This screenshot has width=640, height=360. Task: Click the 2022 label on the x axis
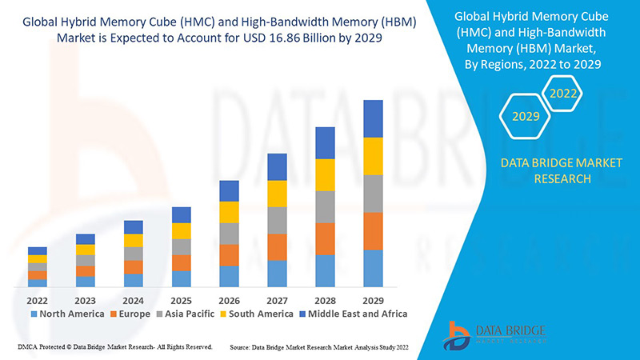click(x=37, y=300)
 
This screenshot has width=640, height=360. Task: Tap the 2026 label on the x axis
click(x=229, y=300)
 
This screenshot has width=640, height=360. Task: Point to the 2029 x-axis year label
click(x=373, y=300)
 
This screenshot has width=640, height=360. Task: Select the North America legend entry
click(x=67, y=314)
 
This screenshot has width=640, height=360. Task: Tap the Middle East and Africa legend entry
click(x=352, y=314)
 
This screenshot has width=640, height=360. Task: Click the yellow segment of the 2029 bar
click(x=373, y=156)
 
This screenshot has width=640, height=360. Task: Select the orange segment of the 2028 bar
click(x=325, y=238)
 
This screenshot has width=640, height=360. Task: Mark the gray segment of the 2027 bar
click(x=277, y=220)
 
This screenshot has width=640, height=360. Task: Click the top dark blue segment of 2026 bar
click(x=229, y=190)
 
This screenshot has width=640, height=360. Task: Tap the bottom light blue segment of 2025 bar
click(x=181, y=278)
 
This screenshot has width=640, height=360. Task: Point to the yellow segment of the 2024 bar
click(x=133, y=240)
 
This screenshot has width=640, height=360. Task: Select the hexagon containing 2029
click(x=526, y=117)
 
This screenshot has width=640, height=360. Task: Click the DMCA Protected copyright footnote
click(x=114, y=347)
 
